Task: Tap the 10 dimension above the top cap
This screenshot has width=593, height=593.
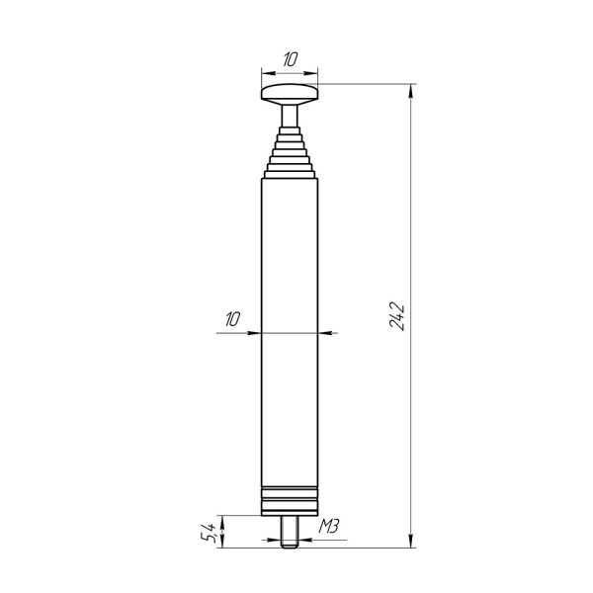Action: (x=290, y=60)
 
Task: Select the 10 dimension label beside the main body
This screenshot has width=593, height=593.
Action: (x=232, y=318)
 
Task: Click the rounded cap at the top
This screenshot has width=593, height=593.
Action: (x=290, y=94)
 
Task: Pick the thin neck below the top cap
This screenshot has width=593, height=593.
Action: (x=290, y=118)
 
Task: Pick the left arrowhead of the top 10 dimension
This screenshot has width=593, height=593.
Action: (x=264, y=72)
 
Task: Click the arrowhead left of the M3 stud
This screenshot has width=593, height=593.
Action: (x=279, y=541)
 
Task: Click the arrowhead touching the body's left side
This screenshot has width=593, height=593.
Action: (x=255, y=332)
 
